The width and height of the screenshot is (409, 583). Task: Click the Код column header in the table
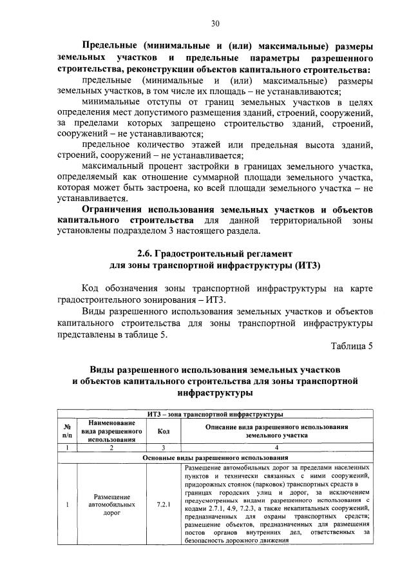(x=164, y=431)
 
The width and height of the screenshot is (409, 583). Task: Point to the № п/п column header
(x=66, y=431)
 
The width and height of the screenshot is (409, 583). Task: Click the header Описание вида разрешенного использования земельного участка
(x=276, y=431)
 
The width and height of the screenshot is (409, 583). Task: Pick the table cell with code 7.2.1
(x=164, y=504)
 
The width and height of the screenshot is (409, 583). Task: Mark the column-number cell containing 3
(x=164, y=447)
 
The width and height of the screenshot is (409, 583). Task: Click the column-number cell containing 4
(x=276, y=447)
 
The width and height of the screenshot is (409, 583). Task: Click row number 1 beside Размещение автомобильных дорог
(x=66, y=504)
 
